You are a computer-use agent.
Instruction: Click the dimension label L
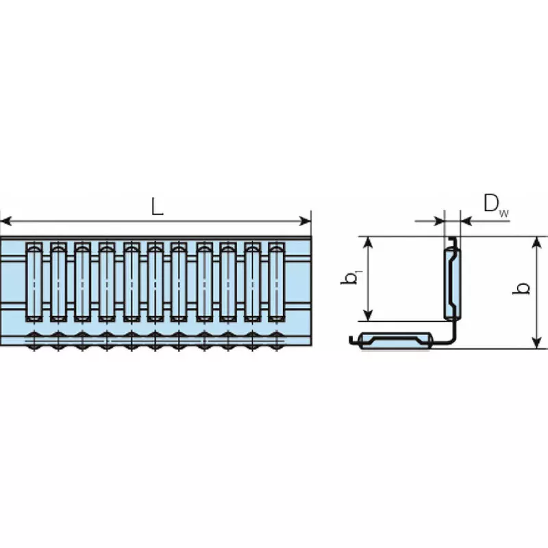coord(158,207)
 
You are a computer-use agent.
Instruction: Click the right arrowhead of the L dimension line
coord(306,221)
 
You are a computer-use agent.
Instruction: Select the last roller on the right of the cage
coord(275,281)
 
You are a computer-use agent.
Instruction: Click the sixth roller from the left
coord(155,281)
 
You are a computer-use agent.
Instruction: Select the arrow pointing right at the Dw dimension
coord(438,221)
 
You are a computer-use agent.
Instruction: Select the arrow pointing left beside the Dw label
coord(466,221)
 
